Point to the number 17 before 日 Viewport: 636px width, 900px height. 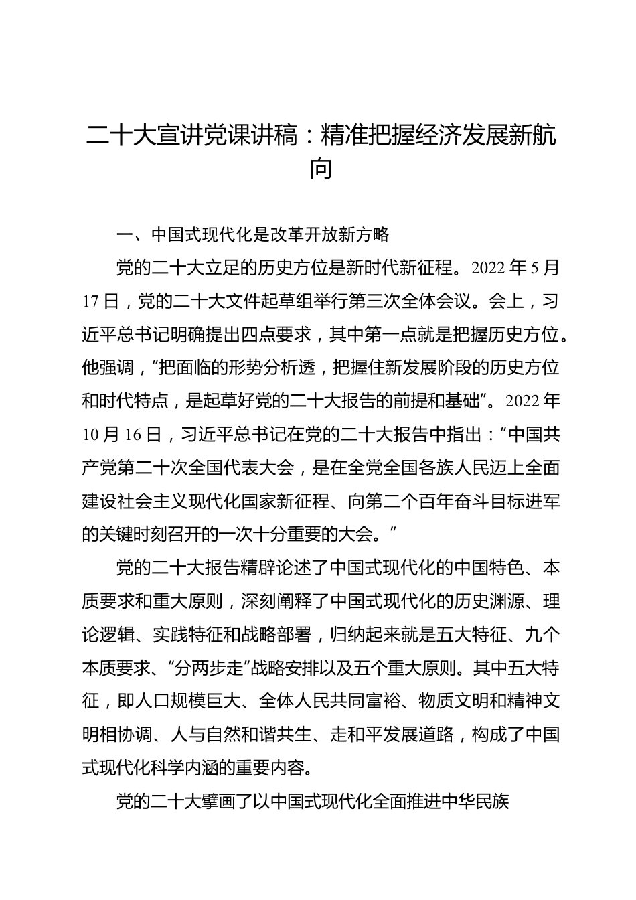(90, 302)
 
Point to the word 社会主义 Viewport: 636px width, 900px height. (169, 502)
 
